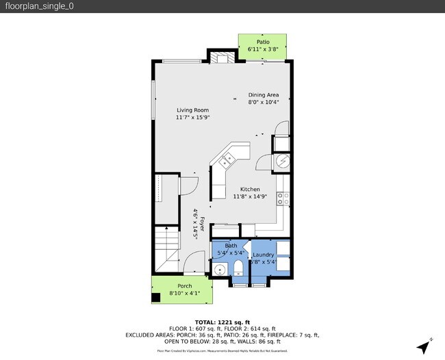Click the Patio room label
pyautogui.click(x=263, y=42)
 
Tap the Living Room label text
pyautogui.click(x=192, y=110)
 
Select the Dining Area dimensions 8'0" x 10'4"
pyautogui.click(x=264, y=103)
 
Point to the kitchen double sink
pyautogui.click(x=226, y=162)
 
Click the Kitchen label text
pyautogui.click(x=250, y=189)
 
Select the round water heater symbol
pyautogui.click(x=281, y=161)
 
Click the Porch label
pyautogui.click(x=185, y=286)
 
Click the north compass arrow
pyautogui.click(x=427, y=346)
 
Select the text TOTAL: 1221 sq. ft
pyautogui.click(x=222, y=322)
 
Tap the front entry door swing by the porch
pyautogui.click(x=194, y=262)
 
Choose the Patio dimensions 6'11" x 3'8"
pyautogui.click(x=263, y=49)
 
